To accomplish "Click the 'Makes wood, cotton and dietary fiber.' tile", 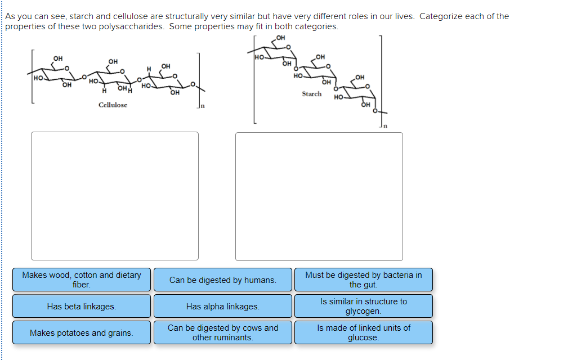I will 82,280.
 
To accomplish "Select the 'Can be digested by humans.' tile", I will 222,280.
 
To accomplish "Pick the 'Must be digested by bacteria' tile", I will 363,280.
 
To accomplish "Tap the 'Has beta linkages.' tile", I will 82,307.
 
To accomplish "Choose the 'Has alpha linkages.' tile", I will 222,307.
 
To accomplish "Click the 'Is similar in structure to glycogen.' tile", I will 363,306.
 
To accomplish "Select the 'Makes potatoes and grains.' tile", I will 82,333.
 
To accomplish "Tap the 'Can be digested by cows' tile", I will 222,332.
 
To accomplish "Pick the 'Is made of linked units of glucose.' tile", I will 363,332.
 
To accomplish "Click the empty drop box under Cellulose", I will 115,196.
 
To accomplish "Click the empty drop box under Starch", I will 319,196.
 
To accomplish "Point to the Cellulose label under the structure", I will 113,105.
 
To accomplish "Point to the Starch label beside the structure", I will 311,94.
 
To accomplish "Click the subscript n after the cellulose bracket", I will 203,106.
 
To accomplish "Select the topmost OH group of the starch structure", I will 281,38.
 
